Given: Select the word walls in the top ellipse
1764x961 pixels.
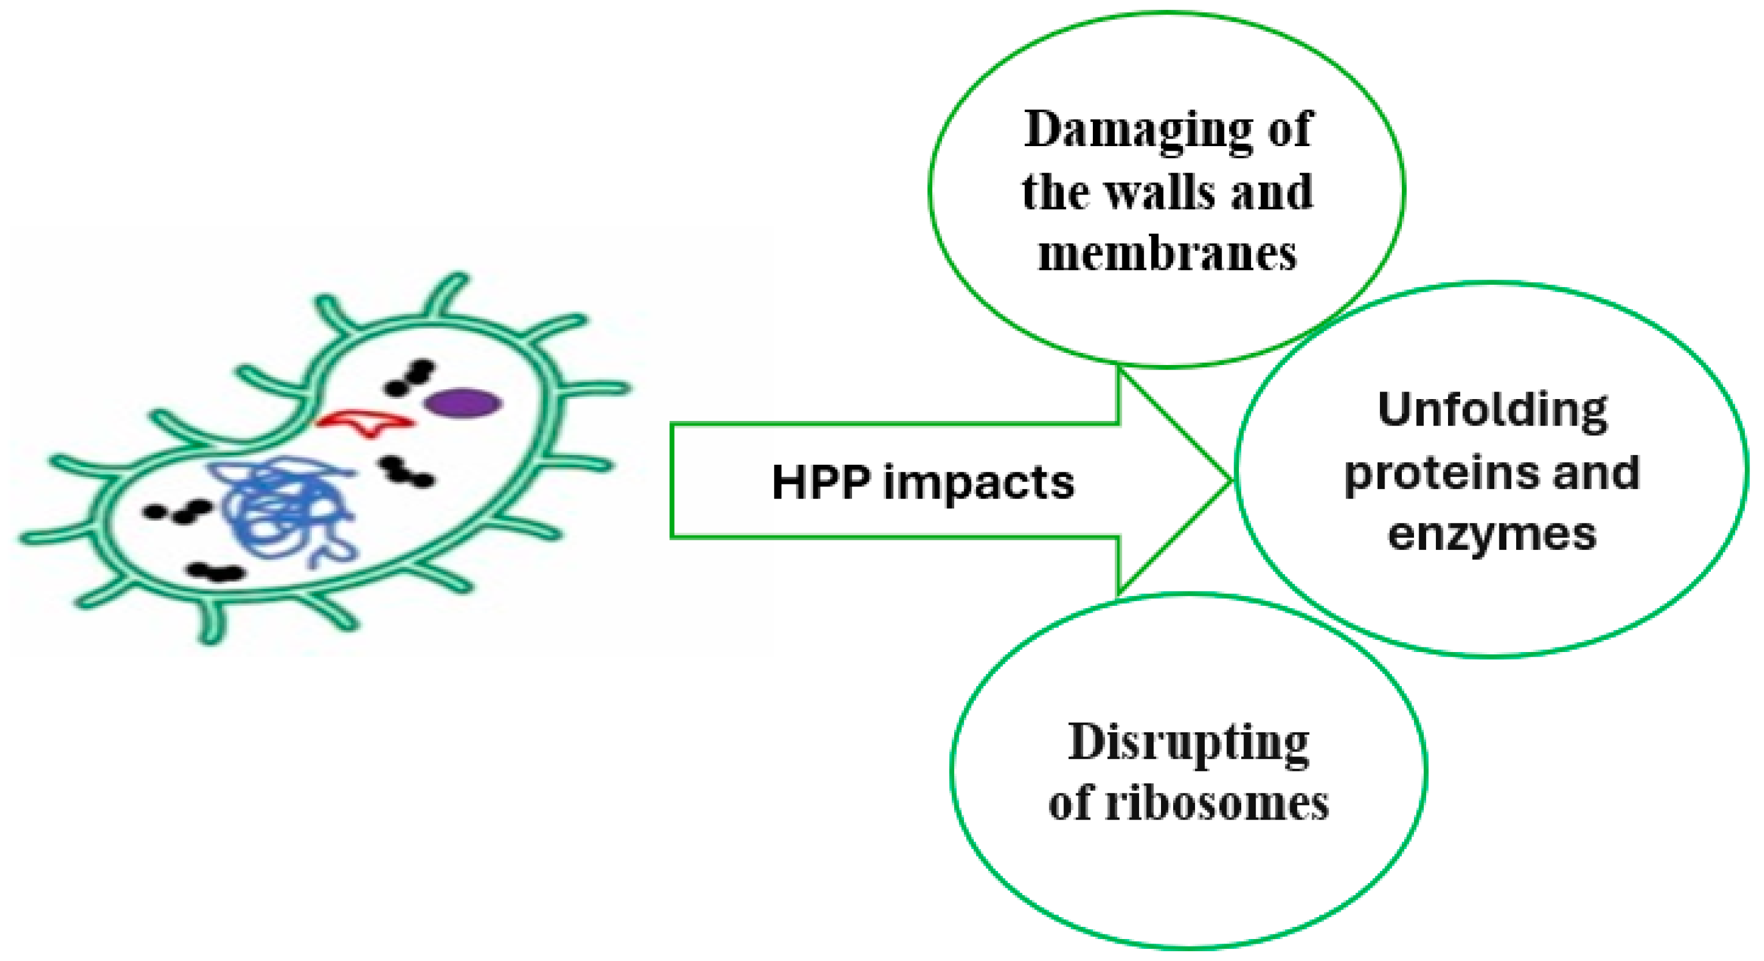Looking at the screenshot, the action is click(x=1163, y=192).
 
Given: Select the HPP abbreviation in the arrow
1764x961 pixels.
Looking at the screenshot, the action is click(x=822, y=483).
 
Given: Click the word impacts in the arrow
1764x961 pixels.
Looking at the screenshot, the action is click(x=979, y=483).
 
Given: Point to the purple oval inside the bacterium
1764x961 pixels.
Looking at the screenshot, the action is click(x=462, y=403).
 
